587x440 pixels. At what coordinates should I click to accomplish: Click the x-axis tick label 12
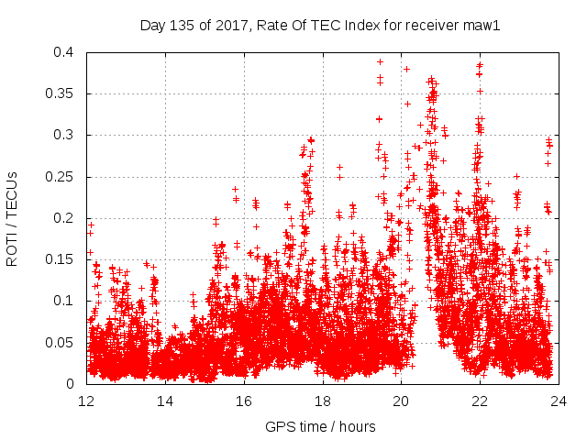click(x=86, y=401)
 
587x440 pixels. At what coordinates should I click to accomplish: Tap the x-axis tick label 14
click(x=165, y=401)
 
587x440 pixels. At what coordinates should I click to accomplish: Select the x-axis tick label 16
click(x=244, y=401)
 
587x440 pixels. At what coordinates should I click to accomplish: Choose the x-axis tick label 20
click(x=401, y=401)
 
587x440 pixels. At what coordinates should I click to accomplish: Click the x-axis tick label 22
click(x=480, y=401)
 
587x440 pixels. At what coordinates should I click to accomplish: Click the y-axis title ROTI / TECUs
click(x=13, y=218)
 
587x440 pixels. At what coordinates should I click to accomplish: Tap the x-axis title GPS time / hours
click(x=320, y=426)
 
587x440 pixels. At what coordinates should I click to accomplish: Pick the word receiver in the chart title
click(x=429, y=25)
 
